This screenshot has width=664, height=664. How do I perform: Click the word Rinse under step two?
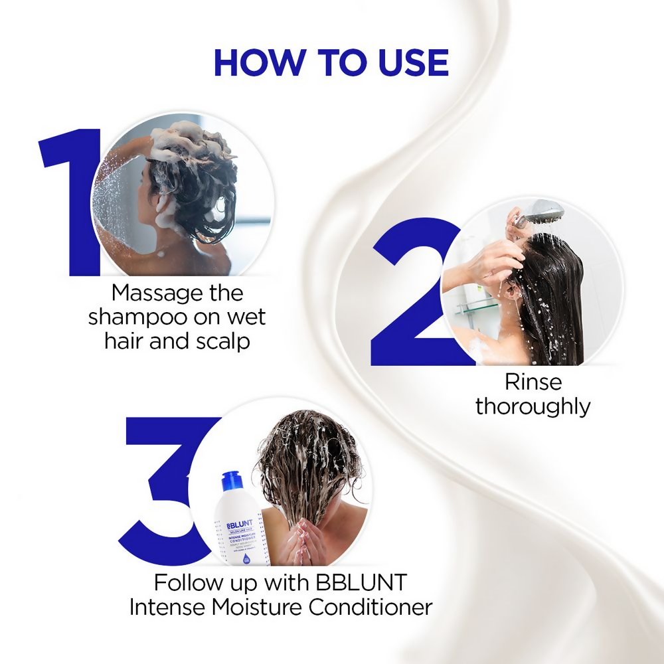point(533,382)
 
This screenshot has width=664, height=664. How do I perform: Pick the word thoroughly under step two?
point(533,406)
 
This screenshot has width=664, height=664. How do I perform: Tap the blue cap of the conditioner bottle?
point(230,483)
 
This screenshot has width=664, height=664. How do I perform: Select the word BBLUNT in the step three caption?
point(364,583)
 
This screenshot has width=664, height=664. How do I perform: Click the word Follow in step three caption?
point(188,583)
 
